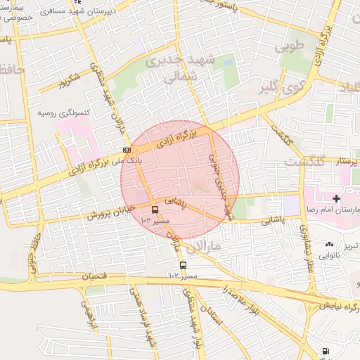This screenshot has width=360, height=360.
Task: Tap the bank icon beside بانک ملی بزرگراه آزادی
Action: tap(127, 150)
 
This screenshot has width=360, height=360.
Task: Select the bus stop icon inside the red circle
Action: tap(155, 209)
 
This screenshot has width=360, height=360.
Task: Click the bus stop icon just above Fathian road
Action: tap(183, 265)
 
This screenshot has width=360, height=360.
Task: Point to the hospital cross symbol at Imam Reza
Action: tap(336, 199)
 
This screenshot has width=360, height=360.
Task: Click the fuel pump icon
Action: tap(324, 351)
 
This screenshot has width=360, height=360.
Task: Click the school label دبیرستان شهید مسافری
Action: tap(77, 12)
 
